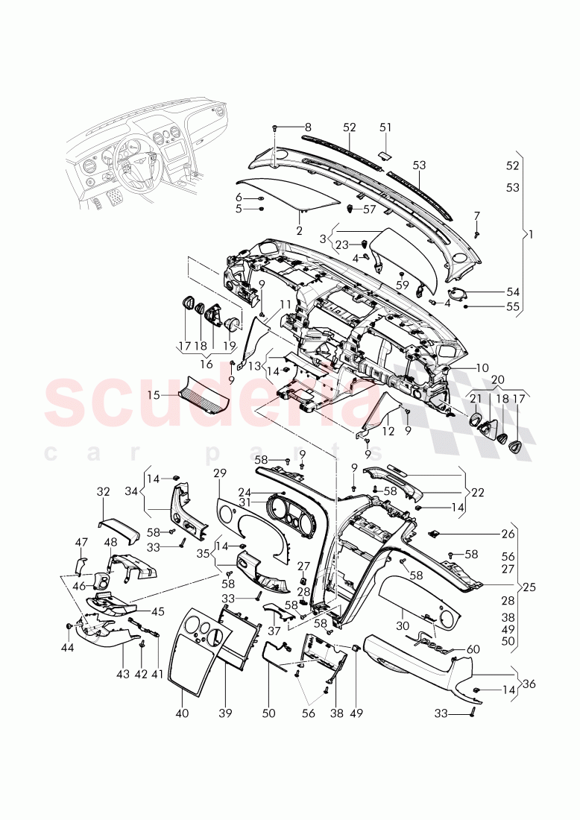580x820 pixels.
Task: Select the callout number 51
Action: pyautogui.click(x=385, y=127)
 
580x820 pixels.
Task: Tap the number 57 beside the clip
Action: pyautogui.click(x=370, y=209)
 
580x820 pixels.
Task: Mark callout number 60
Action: pyautogui.click(x=473, y=650)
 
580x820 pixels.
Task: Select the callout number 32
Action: pyautogui.click(x=103, y=492)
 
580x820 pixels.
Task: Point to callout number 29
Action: pyautogui.click(x=219, y=474)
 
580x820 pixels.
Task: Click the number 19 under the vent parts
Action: pyautogui.click(x=228, y=346)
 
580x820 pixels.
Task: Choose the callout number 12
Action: pyautogui.click(x=387, y=431)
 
